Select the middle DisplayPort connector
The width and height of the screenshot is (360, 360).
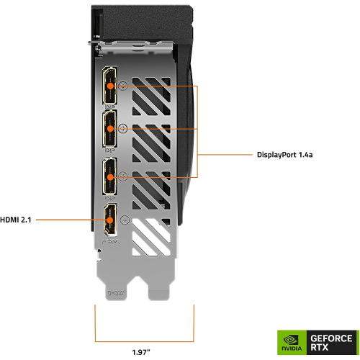tap(110, 129)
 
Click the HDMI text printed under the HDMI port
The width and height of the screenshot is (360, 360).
tap(109, 245)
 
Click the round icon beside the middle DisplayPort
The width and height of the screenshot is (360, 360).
tap(124, 129)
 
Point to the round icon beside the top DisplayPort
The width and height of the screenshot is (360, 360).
tap(124, 85)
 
